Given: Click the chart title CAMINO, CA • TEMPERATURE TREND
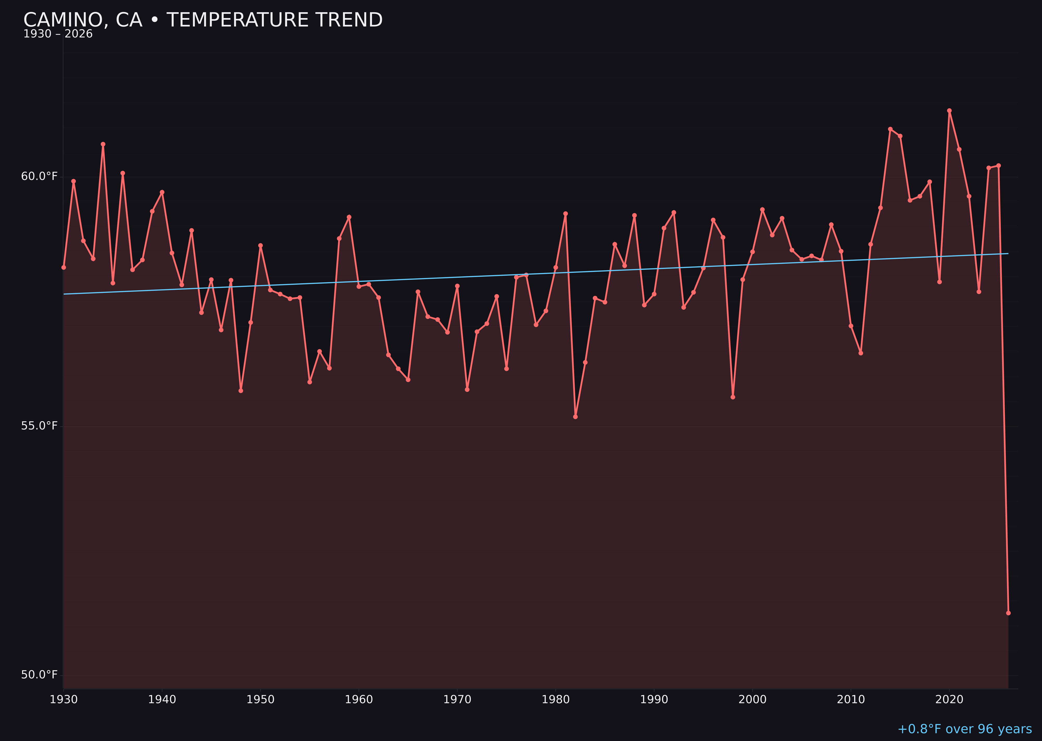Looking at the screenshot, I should (x=203, y=20).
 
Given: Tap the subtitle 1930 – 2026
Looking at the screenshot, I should (x=58, y=34).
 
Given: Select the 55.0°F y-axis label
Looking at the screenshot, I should (x=39, y=426).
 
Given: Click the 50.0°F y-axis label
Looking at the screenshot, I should (x=39, y=674).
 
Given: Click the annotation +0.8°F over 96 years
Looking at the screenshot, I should (x=964, y=729).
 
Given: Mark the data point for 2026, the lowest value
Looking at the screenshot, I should (x=1008, y=613).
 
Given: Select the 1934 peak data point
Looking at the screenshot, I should (x=103, y=144).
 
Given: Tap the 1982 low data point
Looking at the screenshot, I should (x=575, y=417).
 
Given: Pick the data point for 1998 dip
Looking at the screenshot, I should (x=733, y=397).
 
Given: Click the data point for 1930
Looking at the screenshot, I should (x=64, y=267).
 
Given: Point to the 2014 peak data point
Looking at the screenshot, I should (x=890, y=129).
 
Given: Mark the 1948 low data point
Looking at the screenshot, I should (x=241, y=391).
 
